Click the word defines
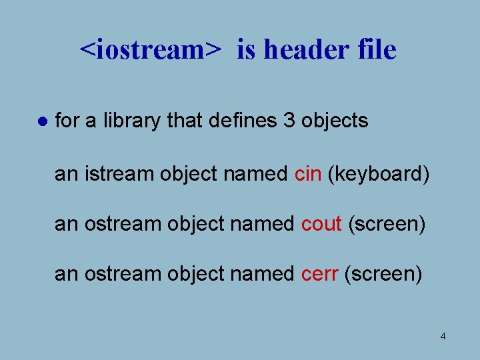pyautogui.click(x=237, y=121)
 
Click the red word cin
pyautogui.click(x=308, y=174)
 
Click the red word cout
pyautogui.click(x=321, y=224)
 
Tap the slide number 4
pyautogui.click(x=443, y=336)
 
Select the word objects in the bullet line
pyautogui.click(x=335, y=121)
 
